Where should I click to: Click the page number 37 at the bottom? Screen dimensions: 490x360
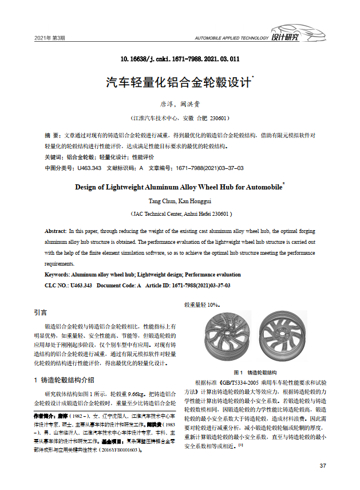coord(322,465)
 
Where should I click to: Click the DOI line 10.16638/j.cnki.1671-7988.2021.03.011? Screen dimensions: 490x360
coord(180,59)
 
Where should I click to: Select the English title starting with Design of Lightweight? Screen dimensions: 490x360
coord(179,187)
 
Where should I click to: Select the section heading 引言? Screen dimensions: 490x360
coord(41,313)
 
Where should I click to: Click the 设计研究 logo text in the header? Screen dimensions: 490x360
coord(284,38)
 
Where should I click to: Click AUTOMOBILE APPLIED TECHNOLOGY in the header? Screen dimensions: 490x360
coord(231,38)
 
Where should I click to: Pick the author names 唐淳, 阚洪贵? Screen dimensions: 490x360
coord(180,104)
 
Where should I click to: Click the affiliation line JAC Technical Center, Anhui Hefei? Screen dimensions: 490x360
coord(180,214)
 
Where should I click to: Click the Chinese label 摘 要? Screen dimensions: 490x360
coord(52,135)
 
